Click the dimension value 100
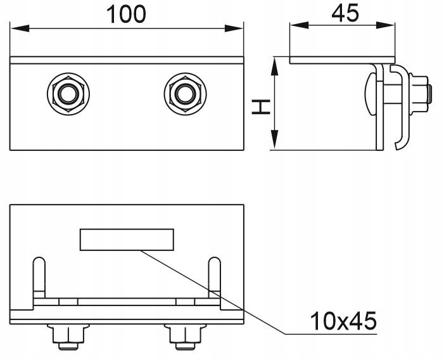click(x=125, y=14)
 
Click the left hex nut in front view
click(x=66, y=94)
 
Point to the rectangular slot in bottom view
click(x=126, y=239)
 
